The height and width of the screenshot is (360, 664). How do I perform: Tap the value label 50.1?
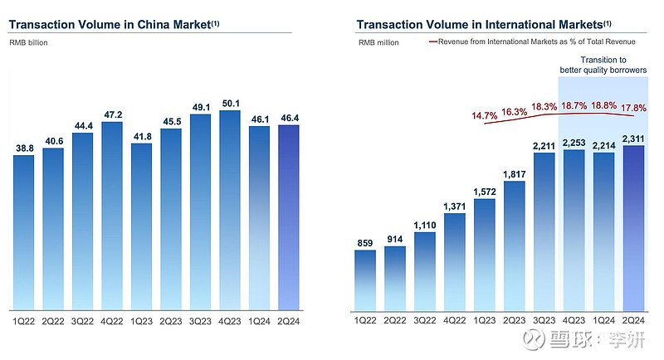pyautogui.click(x=228, y=104)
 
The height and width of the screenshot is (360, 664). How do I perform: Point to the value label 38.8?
pyautogui.click(x=25, y=148)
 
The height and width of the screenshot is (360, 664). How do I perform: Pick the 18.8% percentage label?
pyautogui.click(x=603, y=106)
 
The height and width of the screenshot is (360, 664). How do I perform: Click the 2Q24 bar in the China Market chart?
pyautogui.click(x=287, y=216)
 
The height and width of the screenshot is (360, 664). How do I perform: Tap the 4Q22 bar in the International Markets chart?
pyautogui.click(x=454, y=260)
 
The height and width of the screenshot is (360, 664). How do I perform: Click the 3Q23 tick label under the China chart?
pyautogui.click(x=199, y=321)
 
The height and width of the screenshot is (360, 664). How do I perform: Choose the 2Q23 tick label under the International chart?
pyautogui.click(x=514, y=321)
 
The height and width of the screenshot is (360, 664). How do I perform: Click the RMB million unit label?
pyautogui.click(x=378, y=41)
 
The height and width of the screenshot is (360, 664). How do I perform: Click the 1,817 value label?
pyautogui.click(x=514, y=174)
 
